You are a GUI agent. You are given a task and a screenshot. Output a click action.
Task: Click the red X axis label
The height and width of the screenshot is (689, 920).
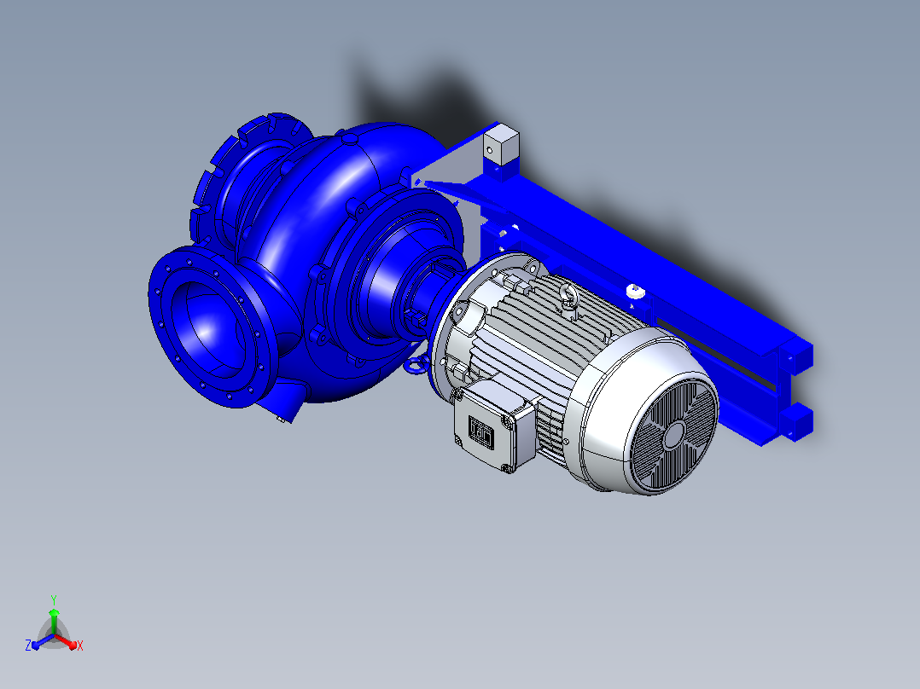[80, 646]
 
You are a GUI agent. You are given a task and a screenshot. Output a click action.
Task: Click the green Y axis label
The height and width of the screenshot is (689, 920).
[54, 599]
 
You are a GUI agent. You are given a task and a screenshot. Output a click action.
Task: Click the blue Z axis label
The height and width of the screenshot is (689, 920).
[28, 645]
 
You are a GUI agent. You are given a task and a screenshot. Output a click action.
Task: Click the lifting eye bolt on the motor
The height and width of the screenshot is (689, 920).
[568, 295]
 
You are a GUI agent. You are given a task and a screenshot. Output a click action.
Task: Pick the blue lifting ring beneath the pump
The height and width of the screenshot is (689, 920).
[416, 365]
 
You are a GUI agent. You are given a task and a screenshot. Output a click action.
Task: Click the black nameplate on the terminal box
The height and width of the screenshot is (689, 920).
[480, 431]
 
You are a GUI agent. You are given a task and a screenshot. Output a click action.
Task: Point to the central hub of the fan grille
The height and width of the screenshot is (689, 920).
[674, 435]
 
